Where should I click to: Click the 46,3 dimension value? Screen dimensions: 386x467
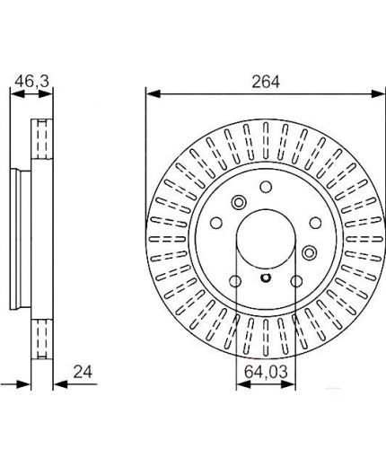[31, 81]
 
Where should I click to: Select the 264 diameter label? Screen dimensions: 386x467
[266, 82]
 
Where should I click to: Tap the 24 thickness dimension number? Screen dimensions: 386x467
[83, 372]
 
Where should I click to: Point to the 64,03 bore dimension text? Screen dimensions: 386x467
[266, 372]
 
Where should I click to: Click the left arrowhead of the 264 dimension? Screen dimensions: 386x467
[154, 93]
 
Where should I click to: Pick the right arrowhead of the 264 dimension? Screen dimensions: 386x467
[378, 93]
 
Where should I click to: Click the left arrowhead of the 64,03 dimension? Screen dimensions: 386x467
[243, 384]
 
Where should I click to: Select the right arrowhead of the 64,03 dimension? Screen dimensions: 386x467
[288, 384]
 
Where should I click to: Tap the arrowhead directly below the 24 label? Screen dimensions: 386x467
[61, 384]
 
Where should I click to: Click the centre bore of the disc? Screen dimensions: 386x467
[266, 239]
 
